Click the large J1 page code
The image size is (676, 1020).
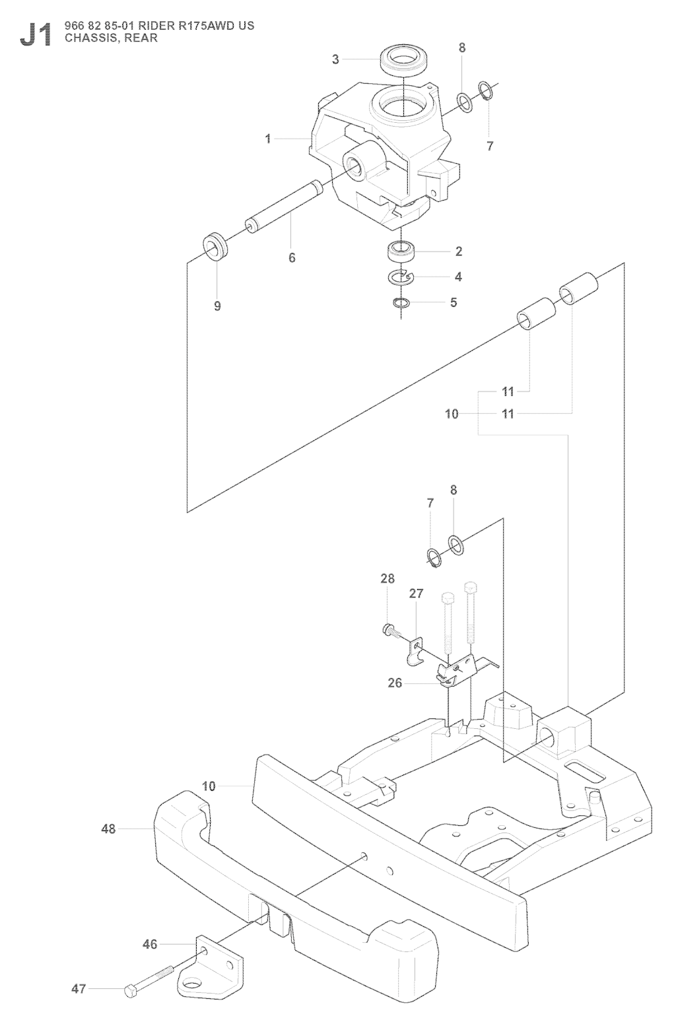[x=36, y=35]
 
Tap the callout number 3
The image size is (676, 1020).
[x=335, y=59]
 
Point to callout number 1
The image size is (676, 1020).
[x=268, y=139]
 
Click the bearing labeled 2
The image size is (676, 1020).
[x=401, y=252]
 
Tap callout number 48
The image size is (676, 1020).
[x=108, y=829]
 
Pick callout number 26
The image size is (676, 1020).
[x=395, y=683]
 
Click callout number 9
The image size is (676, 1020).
[x=217, y=306]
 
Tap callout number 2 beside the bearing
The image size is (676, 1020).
[x=458, y=251]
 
